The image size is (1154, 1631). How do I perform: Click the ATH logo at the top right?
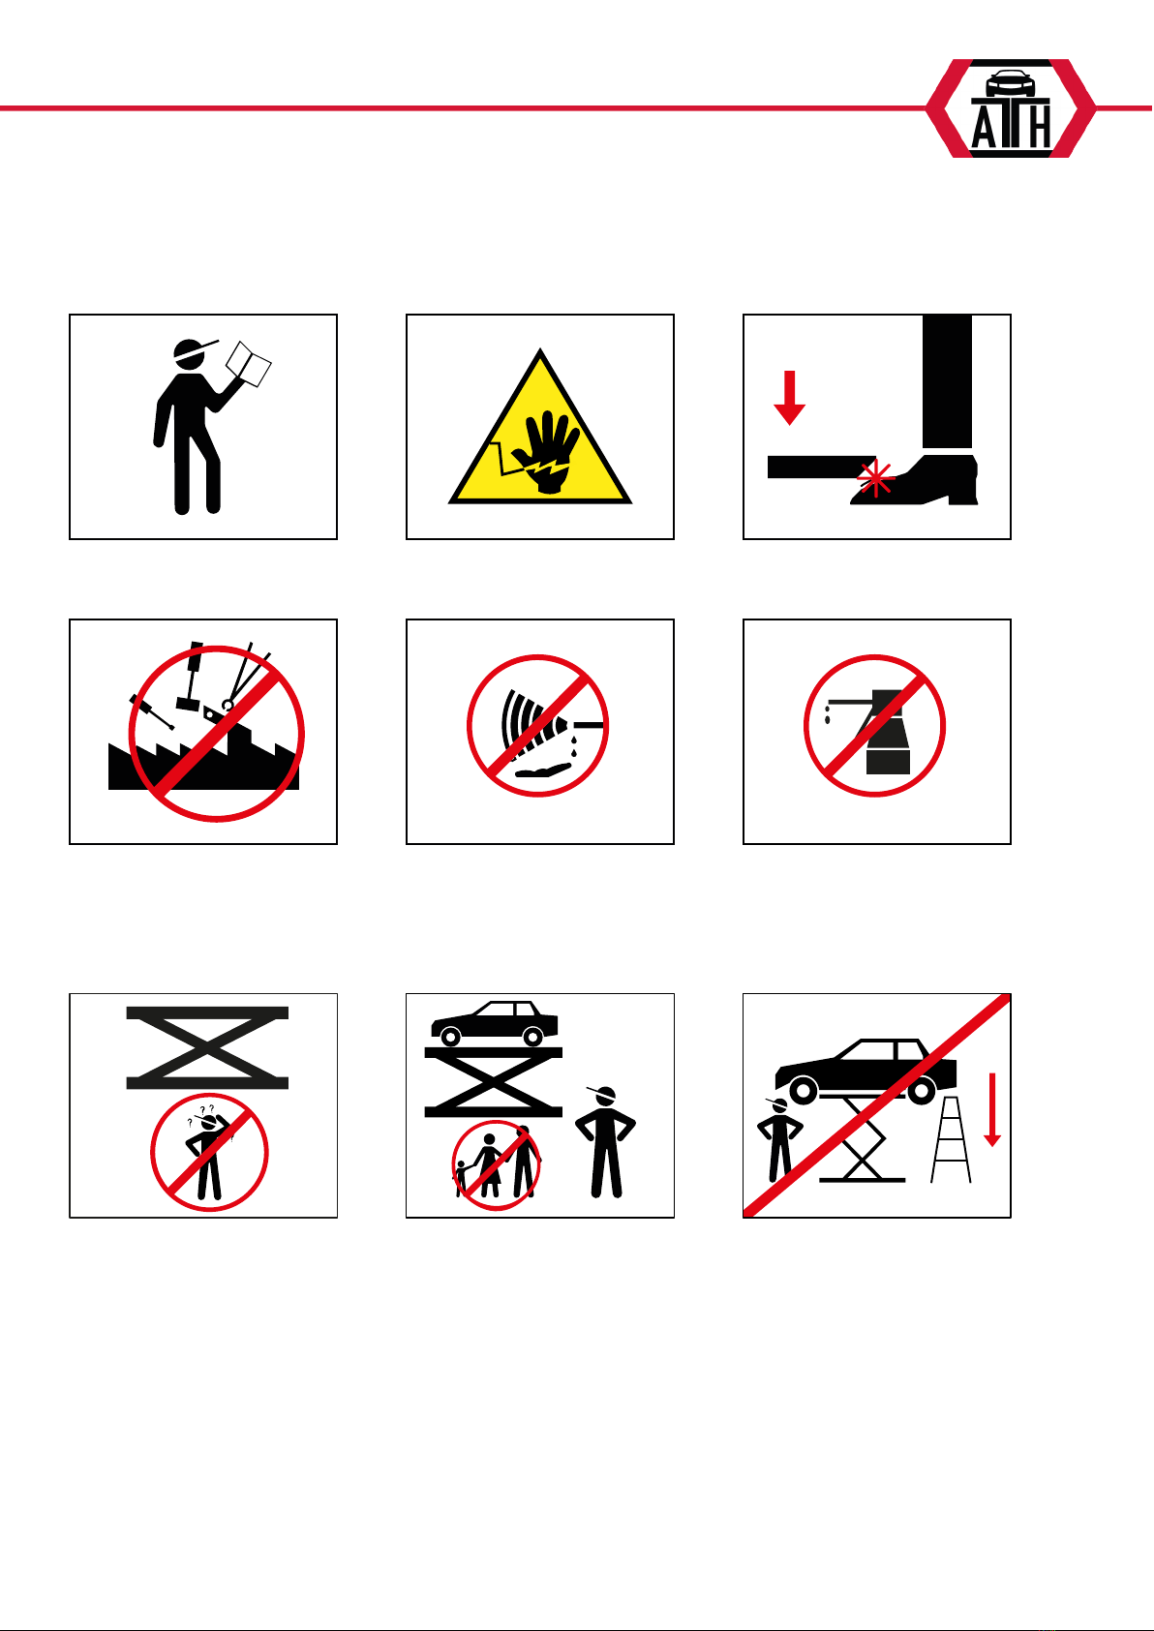tap(1011, 108)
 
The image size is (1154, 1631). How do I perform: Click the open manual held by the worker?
tap(248, 364)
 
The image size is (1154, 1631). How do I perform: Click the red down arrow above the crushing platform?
tap(789, 398)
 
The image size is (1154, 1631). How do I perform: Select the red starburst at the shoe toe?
tap(875, 478)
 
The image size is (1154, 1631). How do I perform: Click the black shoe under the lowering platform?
tap(915, 480)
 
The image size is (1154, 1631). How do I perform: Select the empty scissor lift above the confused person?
tap(207, 1047)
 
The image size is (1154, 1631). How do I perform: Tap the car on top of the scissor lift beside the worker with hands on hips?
tap(495, 1023)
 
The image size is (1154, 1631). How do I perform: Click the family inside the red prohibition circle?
tap(496, 1163)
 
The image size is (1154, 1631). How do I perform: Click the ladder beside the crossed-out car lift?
tap(951, 1138)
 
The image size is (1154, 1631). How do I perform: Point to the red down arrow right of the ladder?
tap(992, 1109)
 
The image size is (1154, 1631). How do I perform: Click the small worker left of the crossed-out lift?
tap(779, 1139)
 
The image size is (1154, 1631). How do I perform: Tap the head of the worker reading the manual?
tap(190, 354)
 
